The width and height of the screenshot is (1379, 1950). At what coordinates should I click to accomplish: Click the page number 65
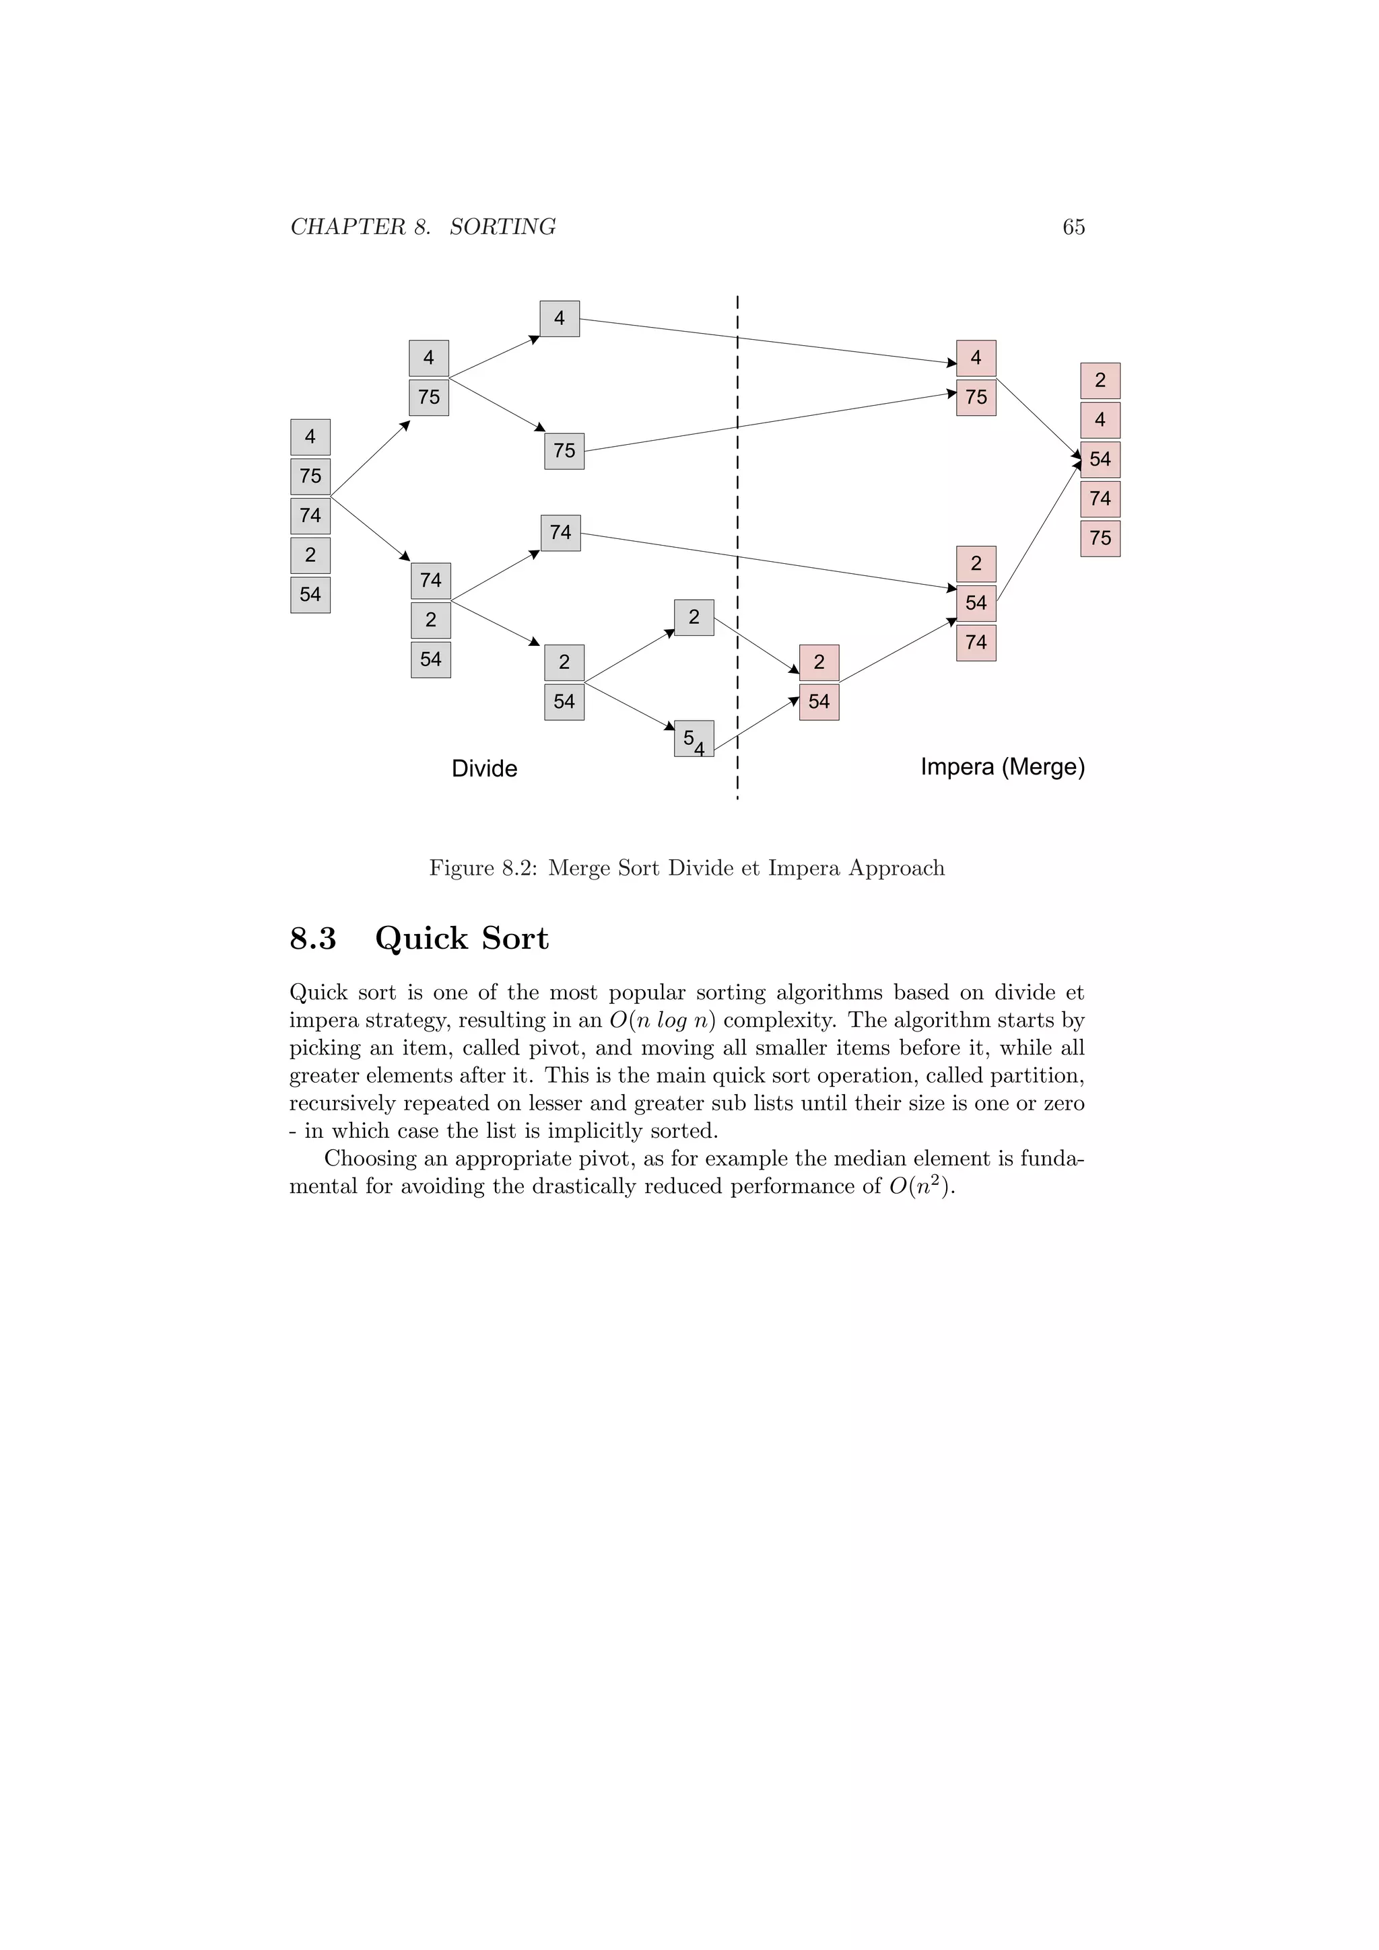tap(1073, 227)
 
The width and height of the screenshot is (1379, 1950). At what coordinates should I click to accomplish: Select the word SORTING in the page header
tap(502, 227)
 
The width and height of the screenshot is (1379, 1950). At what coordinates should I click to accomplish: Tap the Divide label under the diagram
tap(484, 768)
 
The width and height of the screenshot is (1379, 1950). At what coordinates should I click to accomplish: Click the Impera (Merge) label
tap(1003, 767)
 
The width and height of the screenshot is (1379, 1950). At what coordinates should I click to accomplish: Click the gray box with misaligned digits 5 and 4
tap(694, 739)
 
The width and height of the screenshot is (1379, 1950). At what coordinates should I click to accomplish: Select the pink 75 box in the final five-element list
tap(1100, 538)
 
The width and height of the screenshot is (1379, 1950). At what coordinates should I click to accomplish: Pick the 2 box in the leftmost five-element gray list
tap(310, 555)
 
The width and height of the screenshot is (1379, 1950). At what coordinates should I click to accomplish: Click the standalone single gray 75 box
tap(564, 451)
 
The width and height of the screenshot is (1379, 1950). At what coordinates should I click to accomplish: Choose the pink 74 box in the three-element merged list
tap(976, 643)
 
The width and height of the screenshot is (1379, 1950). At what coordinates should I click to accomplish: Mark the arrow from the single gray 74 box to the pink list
tap(765, 561)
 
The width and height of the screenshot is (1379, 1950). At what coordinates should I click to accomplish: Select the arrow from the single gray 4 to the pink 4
tap(765, 340)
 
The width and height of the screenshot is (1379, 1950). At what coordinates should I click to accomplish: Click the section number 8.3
tap(312, 939)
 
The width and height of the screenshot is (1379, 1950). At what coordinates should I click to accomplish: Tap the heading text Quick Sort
tap(461, 939)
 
